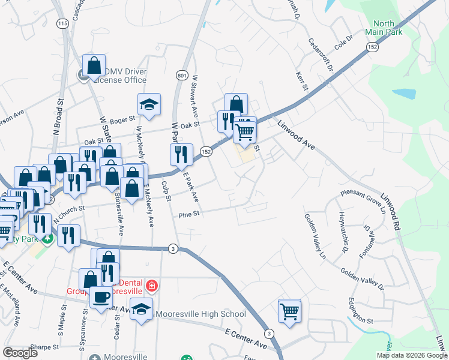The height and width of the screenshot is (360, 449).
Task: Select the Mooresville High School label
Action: click(200, 314)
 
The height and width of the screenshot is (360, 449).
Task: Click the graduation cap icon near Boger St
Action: click(148, 105)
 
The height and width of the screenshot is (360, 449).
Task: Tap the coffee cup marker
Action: click(101, 297)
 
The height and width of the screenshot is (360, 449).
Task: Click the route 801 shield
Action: click(182, 75)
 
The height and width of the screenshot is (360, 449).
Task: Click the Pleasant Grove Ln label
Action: click(362, 200)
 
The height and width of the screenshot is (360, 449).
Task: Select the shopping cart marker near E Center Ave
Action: click(289, 311)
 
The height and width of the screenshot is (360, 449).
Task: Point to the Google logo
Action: click(20, 353)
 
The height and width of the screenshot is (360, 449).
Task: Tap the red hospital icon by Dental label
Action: click(152, 284)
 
